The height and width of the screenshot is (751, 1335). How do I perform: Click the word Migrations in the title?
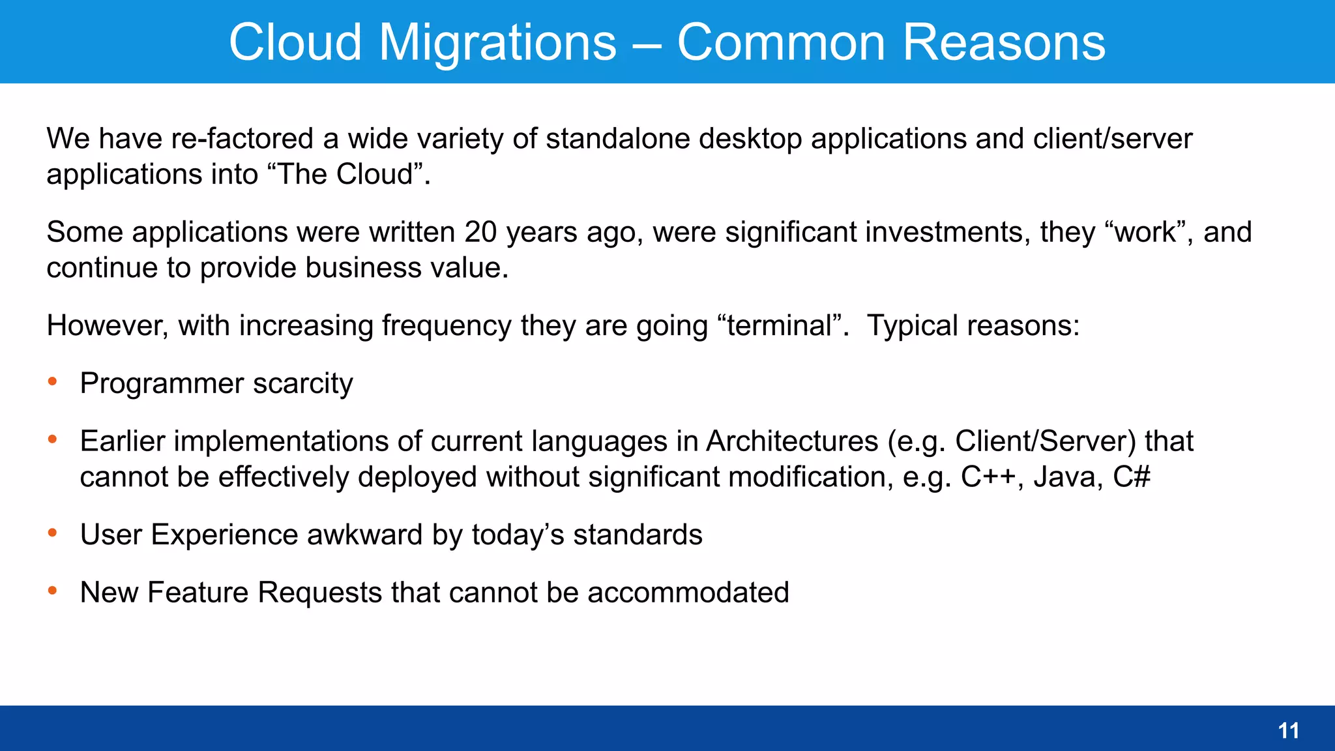point(497,42)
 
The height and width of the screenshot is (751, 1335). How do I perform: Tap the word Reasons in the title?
point(1004,42)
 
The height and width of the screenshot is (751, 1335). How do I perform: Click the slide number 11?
point(1288,731)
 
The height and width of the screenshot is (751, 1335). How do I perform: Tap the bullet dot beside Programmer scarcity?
point(53,381)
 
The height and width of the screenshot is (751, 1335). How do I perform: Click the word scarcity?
point(303,383)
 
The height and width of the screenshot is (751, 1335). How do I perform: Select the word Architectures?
point(792,441)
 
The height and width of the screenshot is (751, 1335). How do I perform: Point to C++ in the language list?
point(987,477)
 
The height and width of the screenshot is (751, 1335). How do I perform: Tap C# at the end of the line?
point(1132,477)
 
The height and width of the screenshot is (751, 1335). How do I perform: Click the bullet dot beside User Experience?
point(53,533)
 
